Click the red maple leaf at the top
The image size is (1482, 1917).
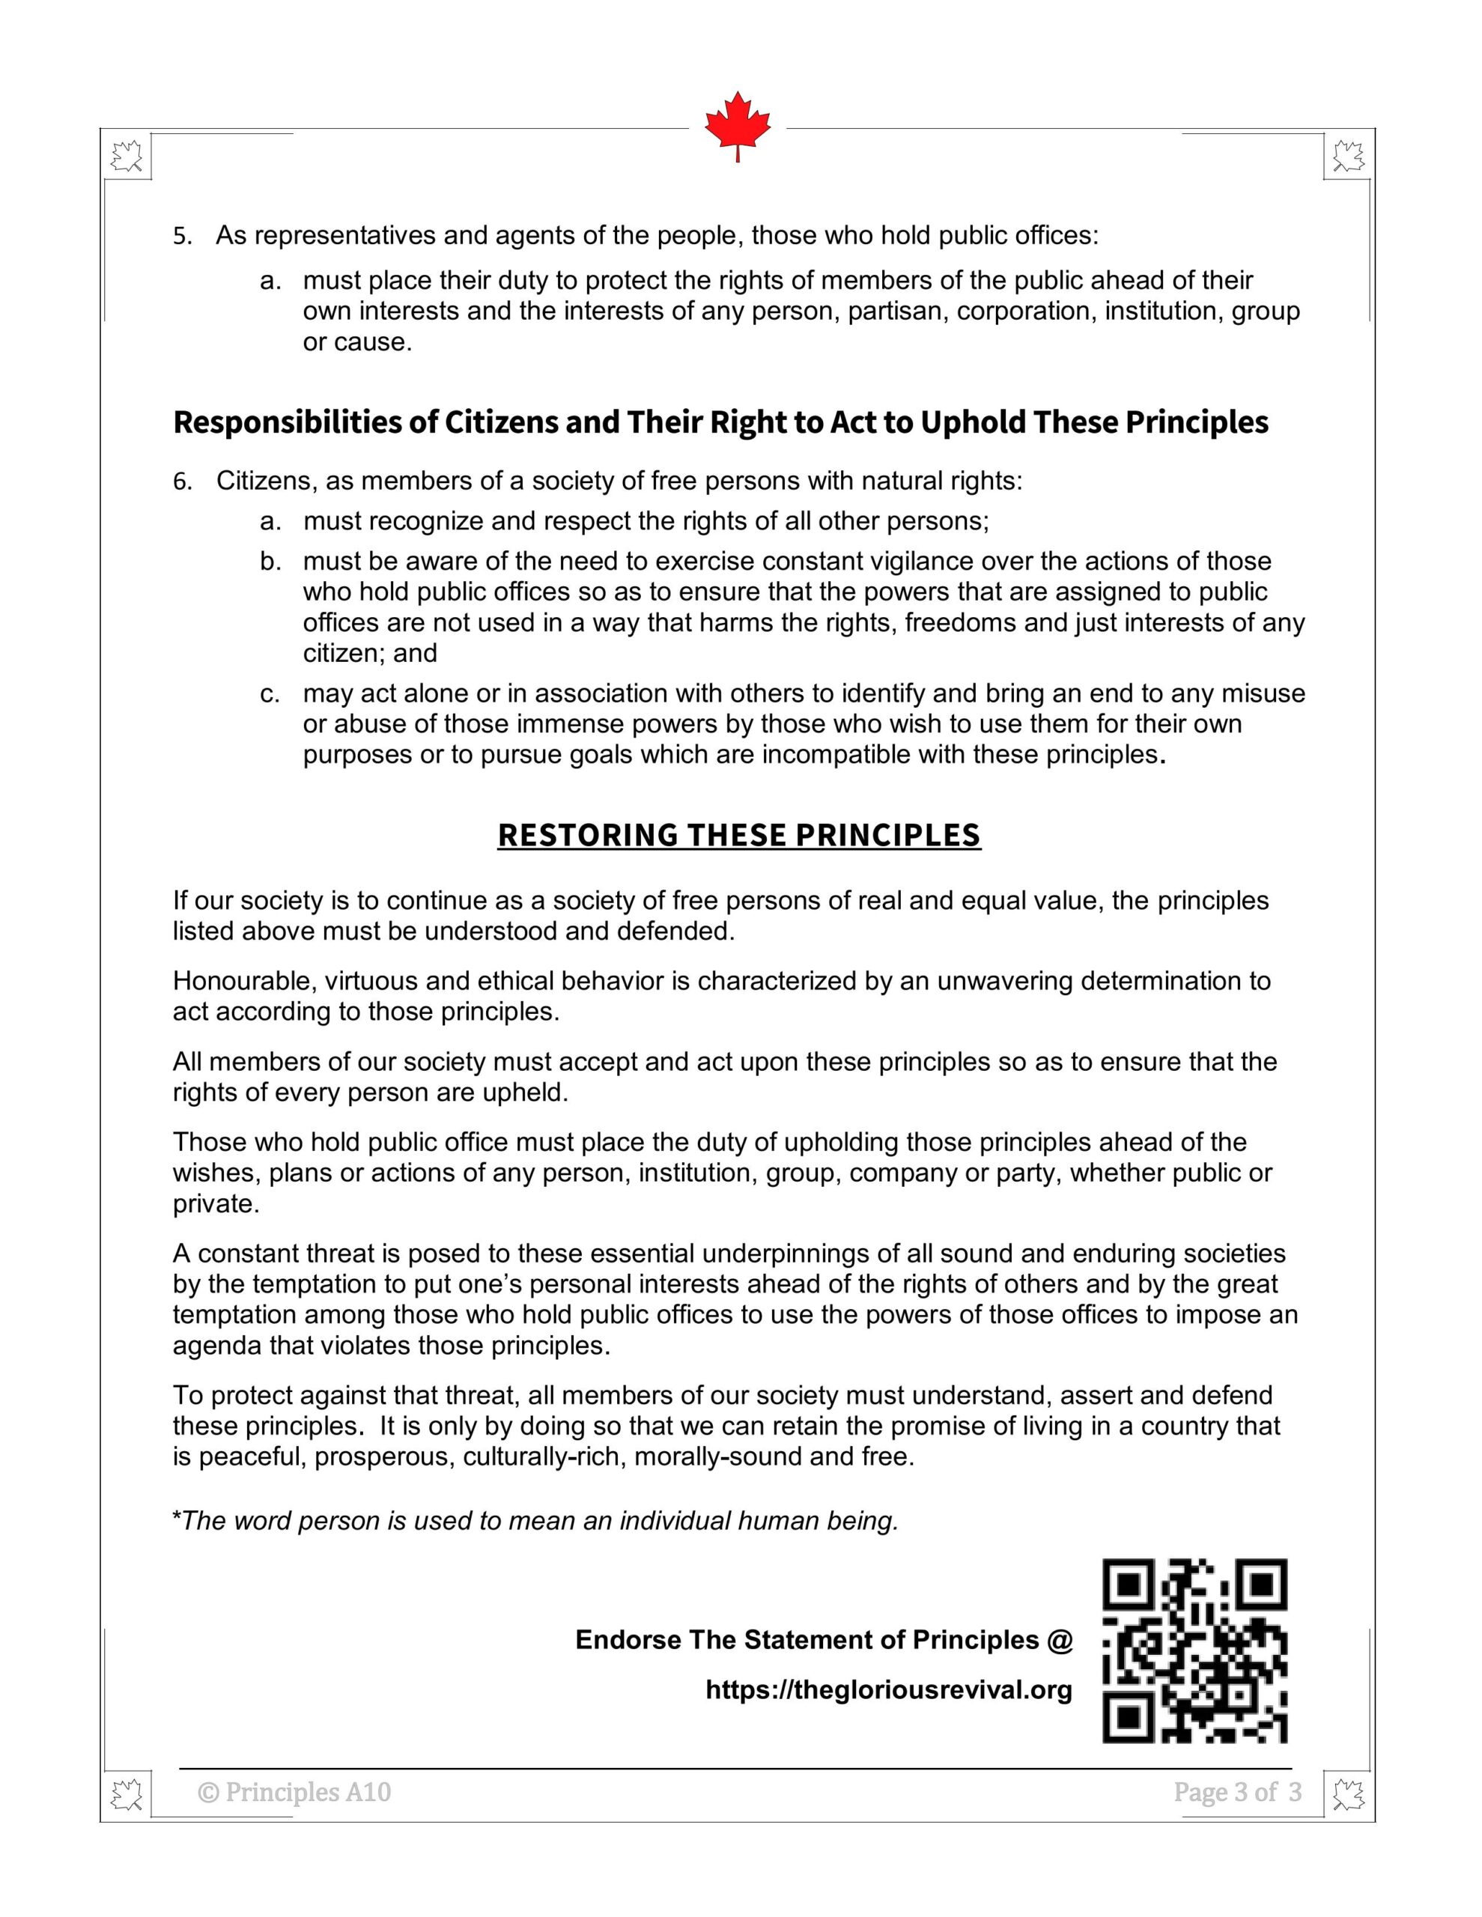[738, 124]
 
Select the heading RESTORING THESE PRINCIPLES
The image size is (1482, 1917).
[738, 835]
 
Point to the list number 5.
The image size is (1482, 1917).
[182, 237]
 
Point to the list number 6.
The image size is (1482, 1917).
[182, 482]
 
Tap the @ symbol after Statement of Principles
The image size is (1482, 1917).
[1060, 1640]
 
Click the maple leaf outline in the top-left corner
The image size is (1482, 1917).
[127, 157]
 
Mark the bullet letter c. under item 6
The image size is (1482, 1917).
[270, 694]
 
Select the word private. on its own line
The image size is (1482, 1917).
[216, 1203]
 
